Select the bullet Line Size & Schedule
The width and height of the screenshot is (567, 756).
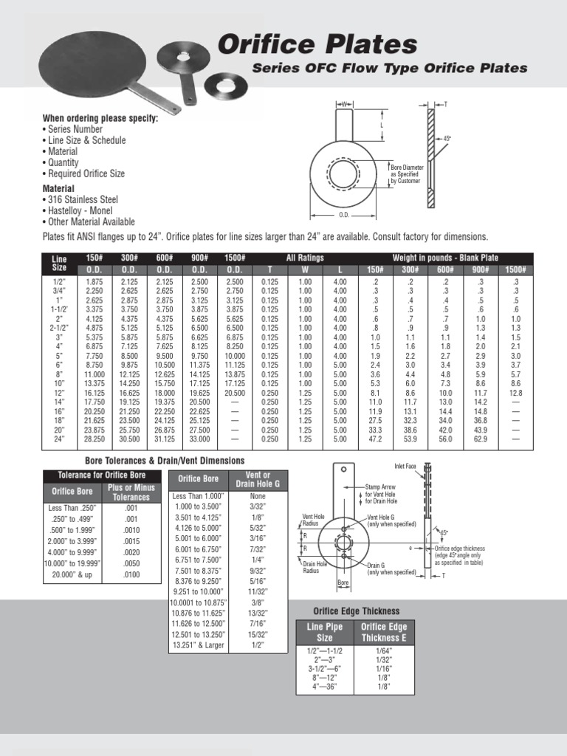[86, 140]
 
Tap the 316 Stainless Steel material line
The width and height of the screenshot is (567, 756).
[83, 199]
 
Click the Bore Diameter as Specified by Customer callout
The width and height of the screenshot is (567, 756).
[407, 174]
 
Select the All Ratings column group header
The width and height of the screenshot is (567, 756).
[306, 257]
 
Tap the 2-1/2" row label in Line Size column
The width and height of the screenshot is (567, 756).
[59, 328]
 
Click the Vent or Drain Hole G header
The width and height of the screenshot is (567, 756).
[257, 480]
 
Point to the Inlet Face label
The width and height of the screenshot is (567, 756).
[405, 466]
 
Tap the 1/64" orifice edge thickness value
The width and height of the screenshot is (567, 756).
[382, 650]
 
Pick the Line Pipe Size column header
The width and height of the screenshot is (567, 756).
[324, 632]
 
